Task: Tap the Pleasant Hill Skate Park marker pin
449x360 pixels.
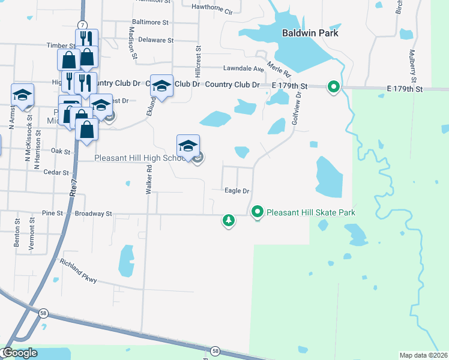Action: (x=258, y=212)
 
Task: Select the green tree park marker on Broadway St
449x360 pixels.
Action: (x=228, y=220)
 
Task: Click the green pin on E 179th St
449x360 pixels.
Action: (x=333, y=87)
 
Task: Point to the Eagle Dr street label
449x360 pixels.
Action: (x=237, y=191)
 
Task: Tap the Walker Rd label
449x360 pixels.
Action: (x=148, y=180)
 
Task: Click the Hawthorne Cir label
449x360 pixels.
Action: (x=211, y=9)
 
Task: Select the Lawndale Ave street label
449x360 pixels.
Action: (x=244, y=69)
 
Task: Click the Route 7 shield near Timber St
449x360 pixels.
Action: (x=81, y=25)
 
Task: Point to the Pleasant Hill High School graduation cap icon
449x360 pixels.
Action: (x=188, y=146)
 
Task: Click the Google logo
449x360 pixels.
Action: (x=20, y=353)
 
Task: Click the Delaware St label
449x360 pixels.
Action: (x=155, y=40)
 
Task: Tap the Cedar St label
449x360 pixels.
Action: (x=53, y=172)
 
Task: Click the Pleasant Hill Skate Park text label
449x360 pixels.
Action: (x=311, y=212)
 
